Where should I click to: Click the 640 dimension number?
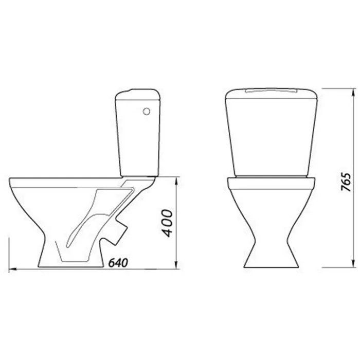pyautogui.click(x=118, y=263)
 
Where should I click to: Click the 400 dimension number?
pyautogui.click(x=167, y=223)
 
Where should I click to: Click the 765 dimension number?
pyautogui.click(x=346, y=182)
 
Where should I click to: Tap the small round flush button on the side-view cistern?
pyautogui.click(x=147, y=112)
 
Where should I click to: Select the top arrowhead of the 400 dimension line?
pyautogui.click(x=176, y=181)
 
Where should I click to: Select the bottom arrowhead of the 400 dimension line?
pyautogui.click(x=176, y=264)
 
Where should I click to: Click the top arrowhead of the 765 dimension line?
pyautogui.click(x=353, y=93)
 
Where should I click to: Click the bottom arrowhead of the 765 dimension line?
pyautogui.click(x=353, y=263)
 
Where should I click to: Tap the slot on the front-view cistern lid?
pyautogui.click(x=271, y=91)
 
